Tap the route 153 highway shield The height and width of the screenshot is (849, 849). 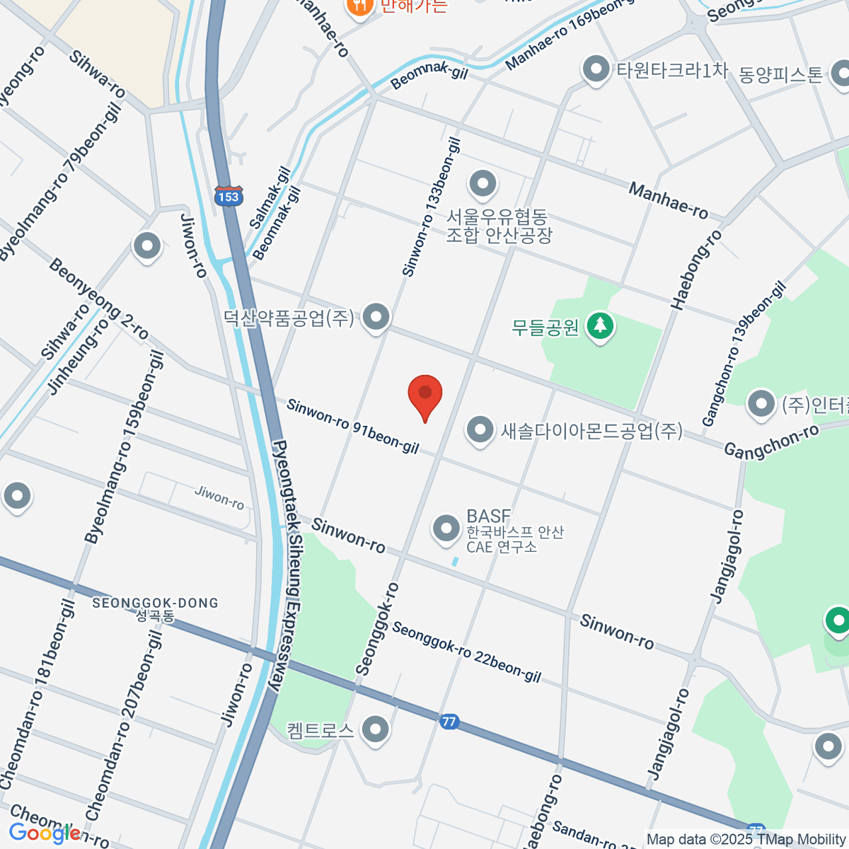[229, 196]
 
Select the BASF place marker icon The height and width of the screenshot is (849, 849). [446, 529]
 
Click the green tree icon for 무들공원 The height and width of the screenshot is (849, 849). [601, 326]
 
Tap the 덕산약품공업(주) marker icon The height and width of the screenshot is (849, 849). [376, 317]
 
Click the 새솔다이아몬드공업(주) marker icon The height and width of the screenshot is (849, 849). [480, 429]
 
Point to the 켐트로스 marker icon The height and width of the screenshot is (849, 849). [376, 729]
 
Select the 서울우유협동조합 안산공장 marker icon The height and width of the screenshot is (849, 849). [483, 184]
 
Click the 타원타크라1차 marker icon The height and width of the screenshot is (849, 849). [596, 69]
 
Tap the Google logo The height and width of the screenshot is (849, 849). [44, 833]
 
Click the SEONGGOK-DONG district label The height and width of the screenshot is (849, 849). [155, 603]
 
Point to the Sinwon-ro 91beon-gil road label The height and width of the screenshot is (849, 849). [352, 426]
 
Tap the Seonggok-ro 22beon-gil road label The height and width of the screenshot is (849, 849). [466, 652]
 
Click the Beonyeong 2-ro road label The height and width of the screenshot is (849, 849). [98, 299]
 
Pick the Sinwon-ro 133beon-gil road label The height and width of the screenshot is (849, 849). [431, 207]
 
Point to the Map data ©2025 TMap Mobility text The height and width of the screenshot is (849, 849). [746, 839]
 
